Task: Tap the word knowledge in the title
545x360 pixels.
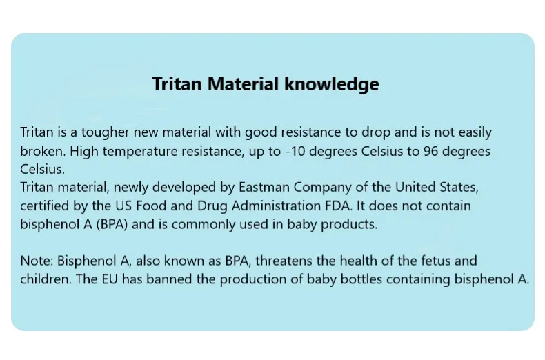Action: tap(332, 85)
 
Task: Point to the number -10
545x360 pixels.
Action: tap(295, 152)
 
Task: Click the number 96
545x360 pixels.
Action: tap(430, 152)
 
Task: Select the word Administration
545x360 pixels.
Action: tap(277, 206)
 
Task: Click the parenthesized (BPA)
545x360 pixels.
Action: tap(112, 224)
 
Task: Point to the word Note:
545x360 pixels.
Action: tap(37, 261)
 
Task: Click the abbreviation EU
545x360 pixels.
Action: tap(110, 279)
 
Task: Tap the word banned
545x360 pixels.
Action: tap(169, 279)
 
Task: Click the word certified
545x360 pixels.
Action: tap(44, 206)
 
